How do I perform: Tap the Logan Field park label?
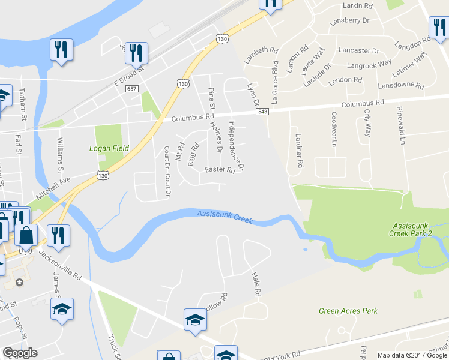(x=109, y=148)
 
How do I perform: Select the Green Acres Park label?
(x=348, y=311)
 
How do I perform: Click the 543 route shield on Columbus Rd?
(x=262, y=112)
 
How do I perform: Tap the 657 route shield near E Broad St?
(x=132, y=89)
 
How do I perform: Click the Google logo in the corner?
(x=19, y=353)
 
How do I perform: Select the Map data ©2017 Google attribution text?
(x=412, y=355)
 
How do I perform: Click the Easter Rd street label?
(x=214, y=170)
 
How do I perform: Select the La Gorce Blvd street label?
(x=276, y=82)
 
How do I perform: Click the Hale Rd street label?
(x=257, y=284)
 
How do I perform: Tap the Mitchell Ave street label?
(x=52, y=187)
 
